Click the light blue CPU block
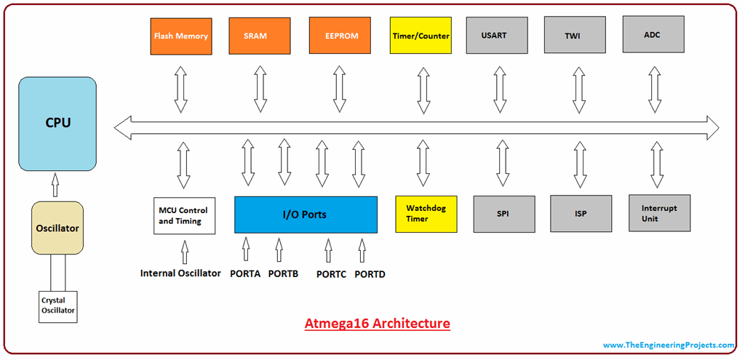tap(57, 124)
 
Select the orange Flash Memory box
tap(180, 36)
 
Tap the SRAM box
tap(260, 36)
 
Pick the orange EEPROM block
tap(340, 36)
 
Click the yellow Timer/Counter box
tap(421, 36)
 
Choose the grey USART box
tap(497, 35)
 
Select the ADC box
tap(653, 34)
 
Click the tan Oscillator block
tap(57, 228)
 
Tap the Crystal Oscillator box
tap(58, 307)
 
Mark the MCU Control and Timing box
tap(184, 215)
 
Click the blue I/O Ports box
tap(306, 215)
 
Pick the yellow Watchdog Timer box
tap(426, 215)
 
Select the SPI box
tap(504, 215)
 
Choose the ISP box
tap(581, 214)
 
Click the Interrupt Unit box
tap(659, 213)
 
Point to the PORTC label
tap(332, 274)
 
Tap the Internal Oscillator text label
tap(180, 273)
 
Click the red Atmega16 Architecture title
tap(378, 324)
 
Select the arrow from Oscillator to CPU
tap(55, 185)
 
